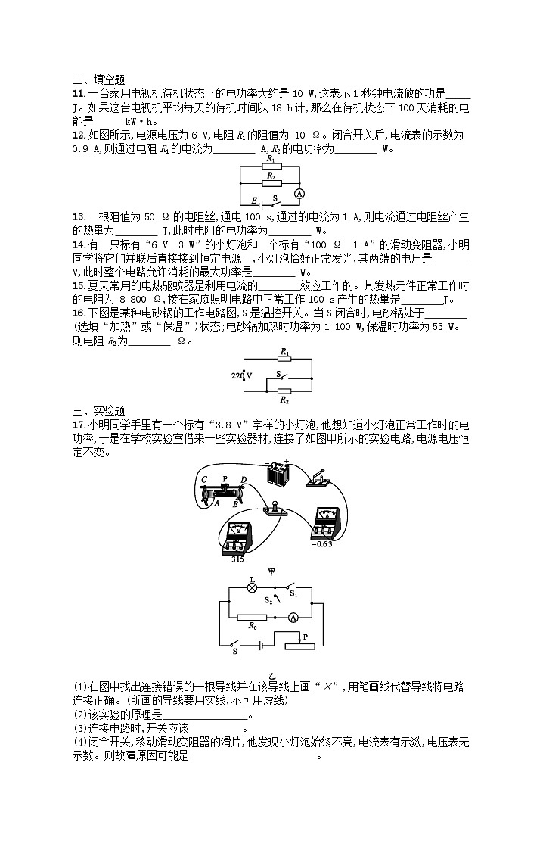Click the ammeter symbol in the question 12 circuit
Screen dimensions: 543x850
(299, 194)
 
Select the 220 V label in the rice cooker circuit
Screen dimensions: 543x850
(242, 375)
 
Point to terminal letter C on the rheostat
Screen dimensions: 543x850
(204, 479)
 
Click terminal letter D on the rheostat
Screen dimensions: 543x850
(242, 480)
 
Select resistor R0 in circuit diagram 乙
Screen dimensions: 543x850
(251, 617)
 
